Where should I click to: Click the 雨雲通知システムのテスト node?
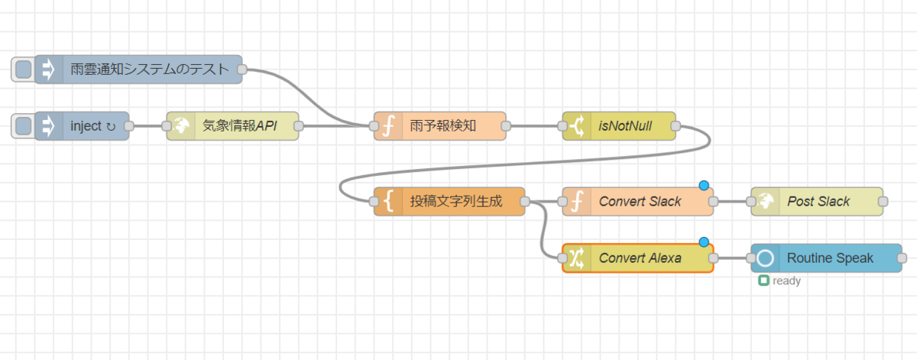pos(145,70)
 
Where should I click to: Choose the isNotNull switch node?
pos(627,126)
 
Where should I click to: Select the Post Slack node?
pos(822,202)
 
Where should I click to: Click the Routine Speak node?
pos(833,258)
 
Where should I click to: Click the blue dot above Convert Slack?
pos(704,186)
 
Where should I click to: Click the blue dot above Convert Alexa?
pos(704,242)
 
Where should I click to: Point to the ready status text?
pos(786,281)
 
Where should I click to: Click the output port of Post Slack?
pos(883,202)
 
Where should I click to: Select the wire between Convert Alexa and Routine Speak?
pos(732,258)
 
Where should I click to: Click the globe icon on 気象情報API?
pos(181,126)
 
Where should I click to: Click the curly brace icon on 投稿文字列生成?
pos(388,202)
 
